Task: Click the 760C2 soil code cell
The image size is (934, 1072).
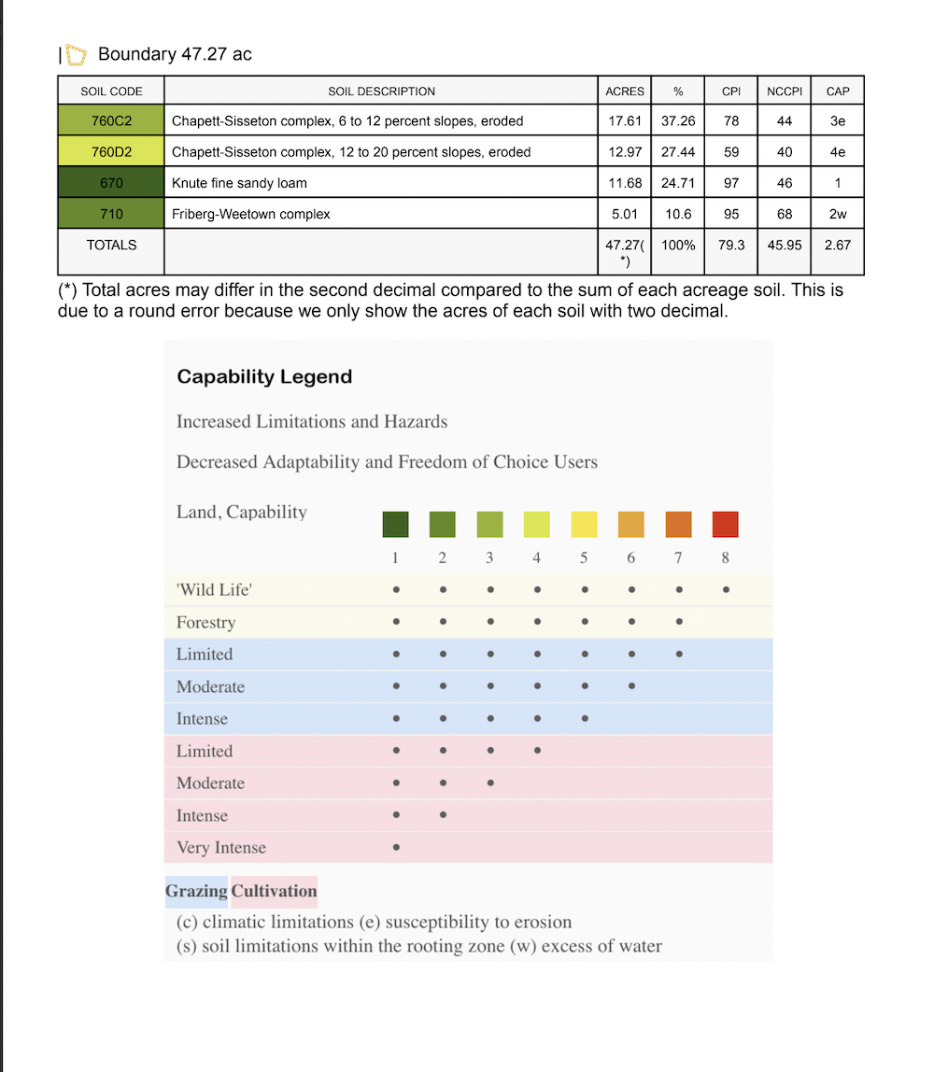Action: (111, 120)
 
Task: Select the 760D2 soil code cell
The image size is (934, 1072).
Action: (111, 151)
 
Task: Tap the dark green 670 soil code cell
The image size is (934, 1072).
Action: (111, 183)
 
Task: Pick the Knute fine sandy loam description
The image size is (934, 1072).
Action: (239, 183)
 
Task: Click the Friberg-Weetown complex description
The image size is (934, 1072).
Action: (250, 214)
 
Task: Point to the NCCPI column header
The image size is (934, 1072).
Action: (785, 91)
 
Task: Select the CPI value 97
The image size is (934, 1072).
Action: (731, 183)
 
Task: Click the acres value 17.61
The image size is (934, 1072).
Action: (624, 120)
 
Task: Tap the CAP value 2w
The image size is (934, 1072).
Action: (838, 214)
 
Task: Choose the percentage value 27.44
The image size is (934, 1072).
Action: (678, 151)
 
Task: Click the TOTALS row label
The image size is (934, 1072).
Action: (111, 245)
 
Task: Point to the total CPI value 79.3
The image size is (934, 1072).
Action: (731, 245)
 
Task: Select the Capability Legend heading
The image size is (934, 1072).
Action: (264, 377)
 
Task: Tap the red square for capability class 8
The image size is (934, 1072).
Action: (725, 524)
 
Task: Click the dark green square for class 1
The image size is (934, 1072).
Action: (396, 524)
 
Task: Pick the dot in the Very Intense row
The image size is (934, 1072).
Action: (396, 848)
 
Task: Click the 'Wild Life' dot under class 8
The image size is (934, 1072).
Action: (726, 590)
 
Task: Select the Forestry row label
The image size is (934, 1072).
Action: (205, 622)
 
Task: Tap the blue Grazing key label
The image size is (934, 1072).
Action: (196, 891)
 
